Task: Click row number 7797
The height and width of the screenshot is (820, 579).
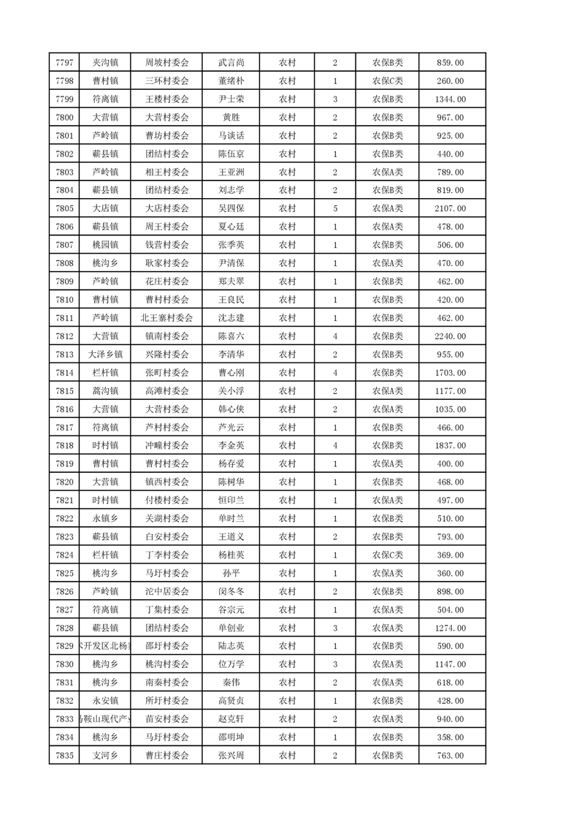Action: (64, 64)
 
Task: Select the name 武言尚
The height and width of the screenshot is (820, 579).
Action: (231, 64)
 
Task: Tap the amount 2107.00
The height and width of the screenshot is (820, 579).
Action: (449, 209)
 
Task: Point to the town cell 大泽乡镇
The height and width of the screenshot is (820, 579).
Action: (105, 354)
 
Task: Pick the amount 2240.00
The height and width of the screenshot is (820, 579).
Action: (449, 336)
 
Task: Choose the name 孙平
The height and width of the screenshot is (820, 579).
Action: (231, 573)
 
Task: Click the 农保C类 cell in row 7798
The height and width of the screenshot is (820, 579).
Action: (388, 82)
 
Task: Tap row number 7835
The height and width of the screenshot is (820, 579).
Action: (64, 755)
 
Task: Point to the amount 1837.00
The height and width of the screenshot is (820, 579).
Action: (449, 446)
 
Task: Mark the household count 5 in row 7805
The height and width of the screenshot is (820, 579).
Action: (334, 209)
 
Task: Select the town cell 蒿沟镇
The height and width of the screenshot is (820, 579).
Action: (105, 391)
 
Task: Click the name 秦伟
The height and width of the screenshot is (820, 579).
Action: (231, 682)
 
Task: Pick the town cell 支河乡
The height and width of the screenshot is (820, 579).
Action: (105, 755)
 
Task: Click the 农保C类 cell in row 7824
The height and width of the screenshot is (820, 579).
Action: (388, 555)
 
